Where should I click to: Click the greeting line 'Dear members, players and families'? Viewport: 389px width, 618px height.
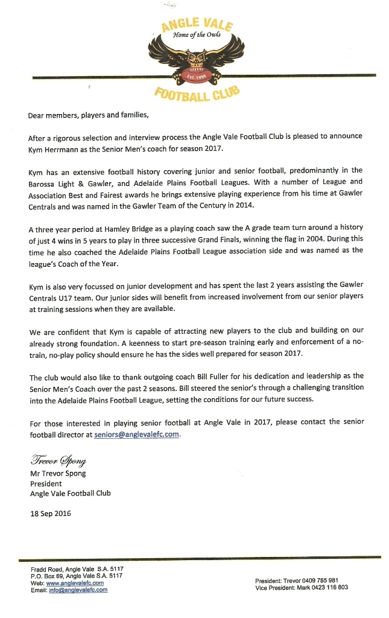[x=87, y=115]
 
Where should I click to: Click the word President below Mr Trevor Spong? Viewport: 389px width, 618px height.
[x=46, y=483]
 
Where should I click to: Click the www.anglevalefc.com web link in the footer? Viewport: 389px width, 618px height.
[x=75, y=583]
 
